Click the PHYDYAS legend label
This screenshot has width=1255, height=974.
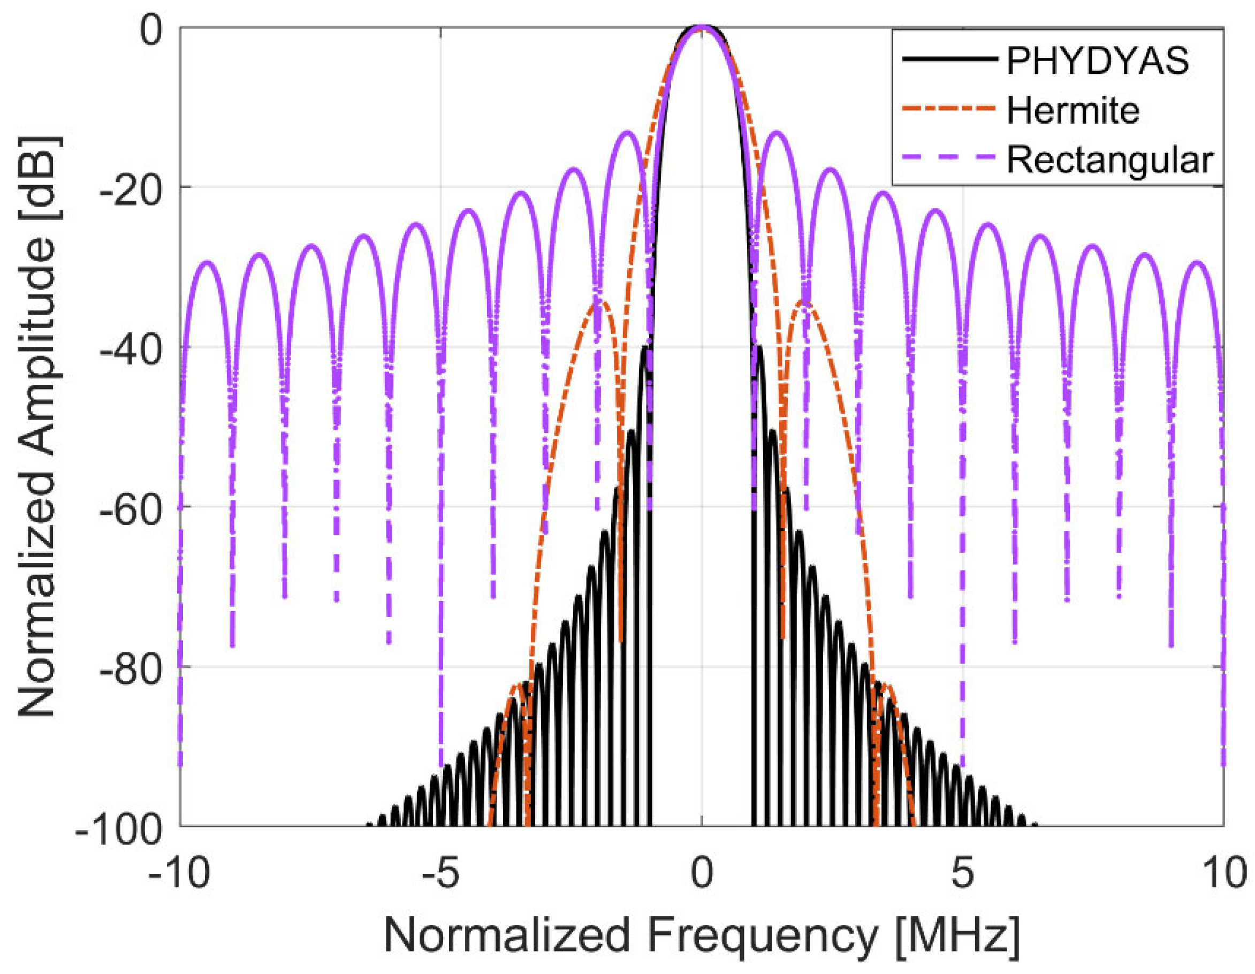[x=1098, y=60]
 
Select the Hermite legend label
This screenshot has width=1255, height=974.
[x=1073, y=110]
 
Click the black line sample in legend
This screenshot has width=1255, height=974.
[x=948, y=59]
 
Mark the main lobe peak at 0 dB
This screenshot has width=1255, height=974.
[x=701, y=27]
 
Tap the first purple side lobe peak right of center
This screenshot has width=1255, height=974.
[x=777, y=133]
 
